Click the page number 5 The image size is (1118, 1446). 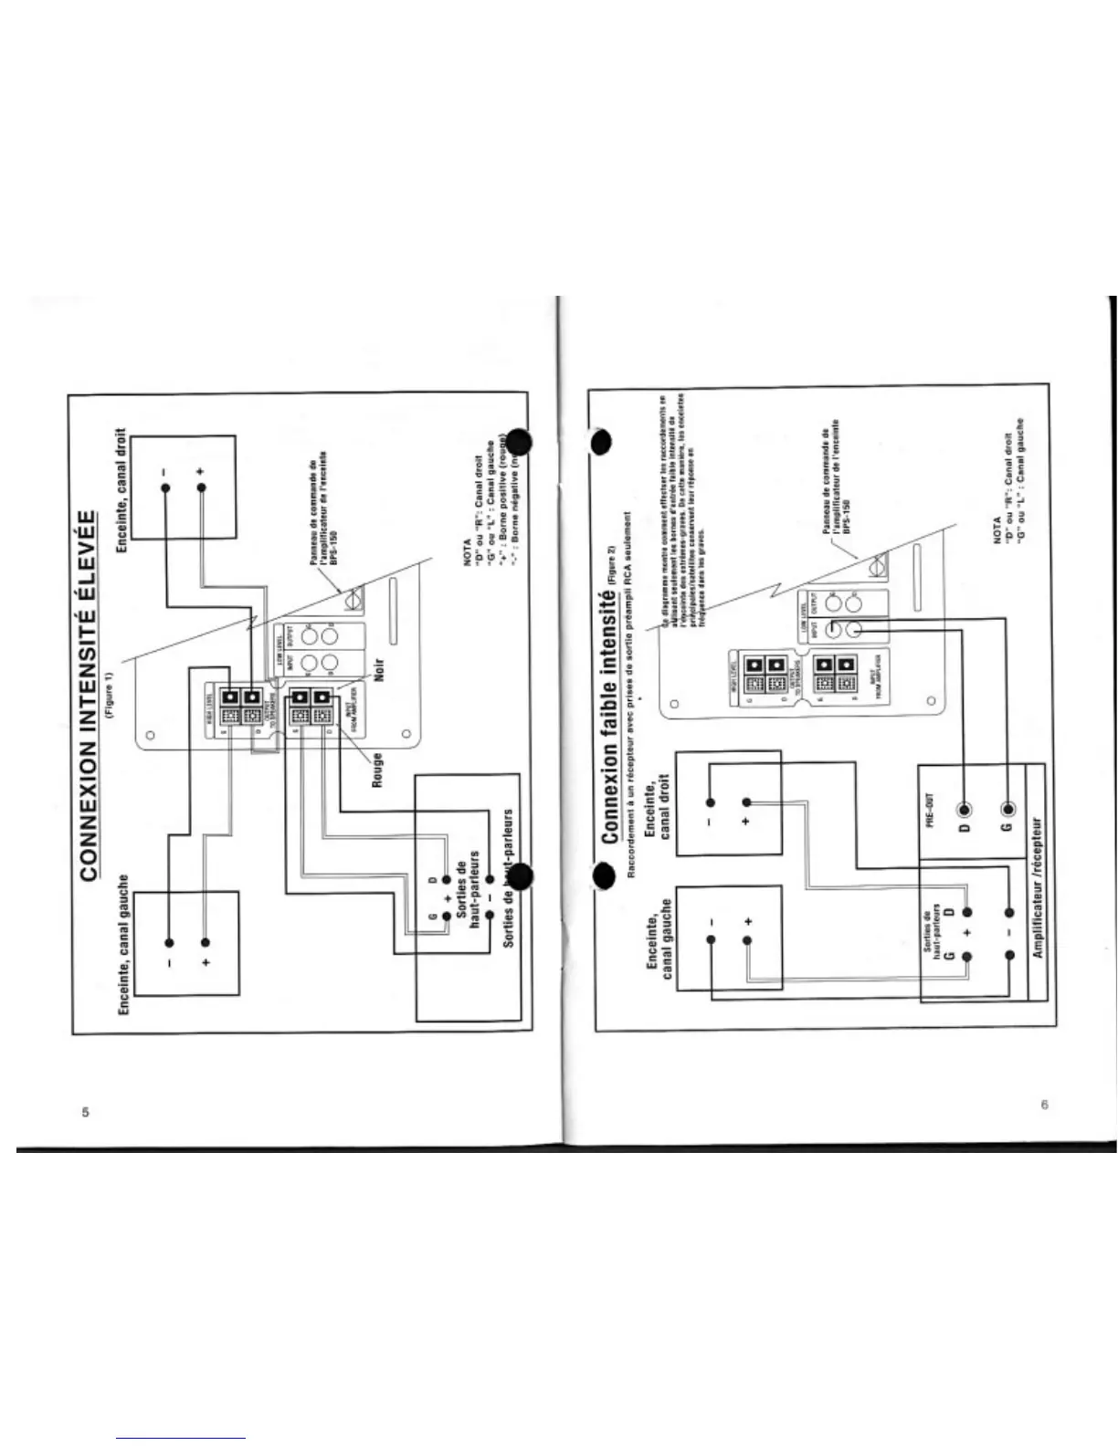coord(85,1112)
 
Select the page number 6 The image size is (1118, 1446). coord(1044,1105)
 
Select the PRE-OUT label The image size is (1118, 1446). coord(930,810)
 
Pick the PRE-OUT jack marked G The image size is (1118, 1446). coord(1007,810)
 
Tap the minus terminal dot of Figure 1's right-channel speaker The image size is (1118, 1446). coord(165,487)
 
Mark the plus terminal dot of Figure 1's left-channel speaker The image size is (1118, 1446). coord(206,942)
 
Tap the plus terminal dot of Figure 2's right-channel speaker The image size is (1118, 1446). coord(746,802)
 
